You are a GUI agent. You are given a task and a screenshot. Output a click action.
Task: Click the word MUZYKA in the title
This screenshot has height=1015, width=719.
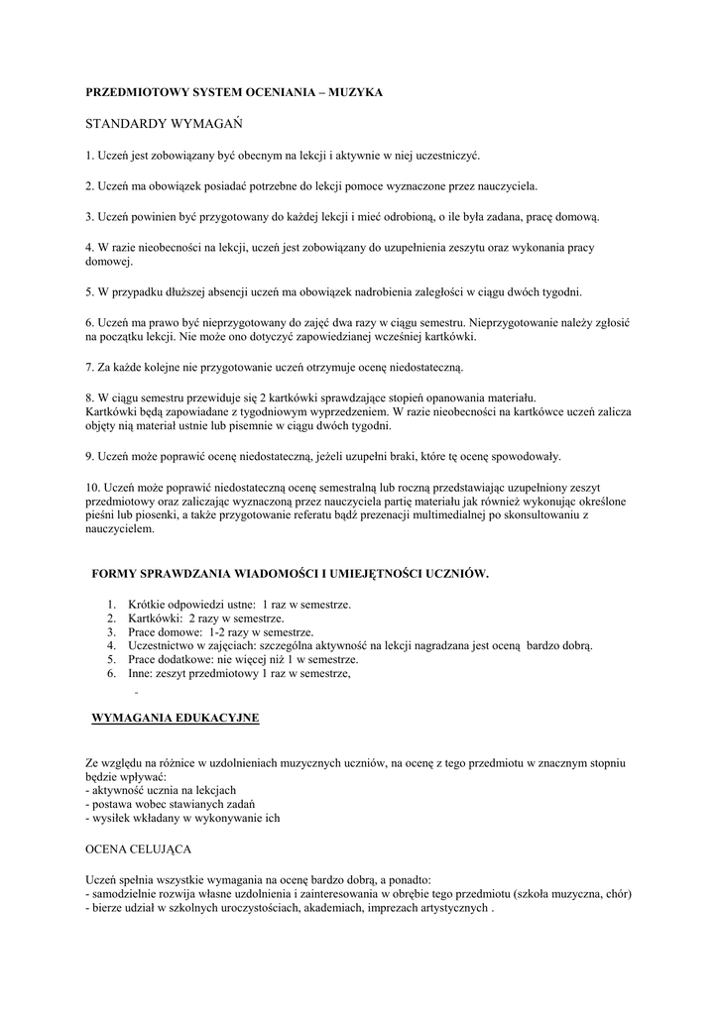pos(354,92)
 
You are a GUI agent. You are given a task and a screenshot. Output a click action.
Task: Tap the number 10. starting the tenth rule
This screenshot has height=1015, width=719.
pos(93,488)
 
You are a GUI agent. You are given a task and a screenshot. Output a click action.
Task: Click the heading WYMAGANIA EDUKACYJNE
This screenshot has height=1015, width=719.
pos(175,718)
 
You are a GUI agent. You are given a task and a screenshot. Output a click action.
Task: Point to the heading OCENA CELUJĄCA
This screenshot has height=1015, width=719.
pos(139,850)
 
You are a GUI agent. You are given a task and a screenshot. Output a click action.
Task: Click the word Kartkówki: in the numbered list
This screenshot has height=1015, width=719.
pos(155,618)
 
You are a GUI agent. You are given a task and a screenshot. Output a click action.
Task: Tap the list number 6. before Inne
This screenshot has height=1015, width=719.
pos(112,673)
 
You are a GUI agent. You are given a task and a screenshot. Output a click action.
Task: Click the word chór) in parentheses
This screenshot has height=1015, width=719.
pos(618,893)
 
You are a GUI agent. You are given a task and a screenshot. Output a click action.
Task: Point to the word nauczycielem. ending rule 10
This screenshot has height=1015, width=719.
pos(120,529)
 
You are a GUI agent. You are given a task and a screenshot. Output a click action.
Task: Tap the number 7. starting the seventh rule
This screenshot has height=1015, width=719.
pos(89,368)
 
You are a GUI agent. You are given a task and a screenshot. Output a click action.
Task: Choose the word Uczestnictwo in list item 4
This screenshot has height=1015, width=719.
pos(164,645)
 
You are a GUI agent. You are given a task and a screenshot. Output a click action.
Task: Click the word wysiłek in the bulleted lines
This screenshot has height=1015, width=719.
pos(112,818)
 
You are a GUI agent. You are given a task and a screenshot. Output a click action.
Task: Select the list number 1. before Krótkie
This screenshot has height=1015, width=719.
pos(112,604)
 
